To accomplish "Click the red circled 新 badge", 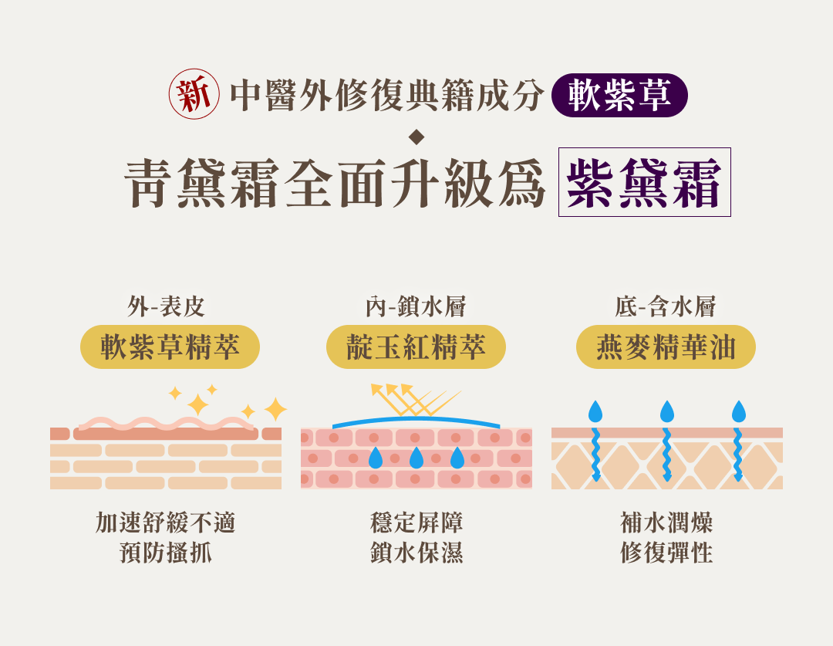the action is point(193,96).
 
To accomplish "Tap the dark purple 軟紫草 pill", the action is point(619,96).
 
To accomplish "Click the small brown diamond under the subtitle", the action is point(416,137).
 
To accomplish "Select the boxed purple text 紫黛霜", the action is point(644,182).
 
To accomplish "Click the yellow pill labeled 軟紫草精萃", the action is point(170,347).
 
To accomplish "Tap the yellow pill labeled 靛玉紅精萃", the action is point(416,347).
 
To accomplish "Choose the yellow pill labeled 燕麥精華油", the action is point(666,347).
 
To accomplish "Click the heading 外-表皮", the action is point(167,307).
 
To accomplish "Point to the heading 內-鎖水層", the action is point(416,307).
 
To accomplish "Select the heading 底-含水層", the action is point(666,307).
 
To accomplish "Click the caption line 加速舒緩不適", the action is point(166,523).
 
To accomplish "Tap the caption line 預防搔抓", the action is point(166,553).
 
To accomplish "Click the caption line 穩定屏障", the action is point(416,523).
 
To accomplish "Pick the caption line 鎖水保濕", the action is point(416,553).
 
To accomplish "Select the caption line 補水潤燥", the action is point(666,523).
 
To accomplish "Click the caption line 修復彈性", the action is point(666,553).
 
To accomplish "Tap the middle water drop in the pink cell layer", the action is point(416,458).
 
